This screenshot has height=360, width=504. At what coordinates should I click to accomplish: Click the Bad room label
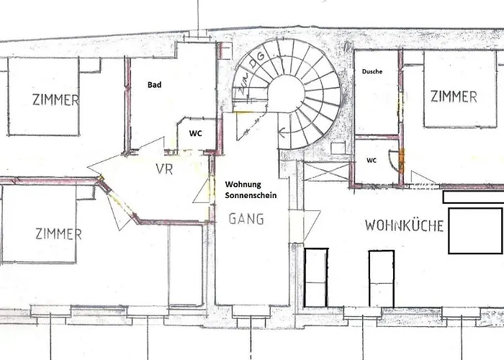[x=154, y=85]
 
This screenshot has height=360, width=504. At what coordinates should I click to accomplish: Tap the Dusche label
[x=372, y=71]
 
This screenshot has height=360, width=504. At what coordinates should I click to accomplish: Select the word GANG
[x=246, y=219]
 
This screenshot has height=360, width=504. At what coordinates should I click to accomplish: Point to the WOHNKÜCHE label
[x=404, y=225]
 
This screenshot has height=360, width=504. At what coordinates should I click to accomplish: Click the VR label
[x=164, y=169]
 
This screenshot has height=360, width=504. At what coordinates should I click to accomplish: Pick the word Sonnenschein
[x=251, y=195]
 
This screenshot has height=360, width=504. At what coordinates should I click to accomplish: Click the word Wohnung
[x=243, y=184]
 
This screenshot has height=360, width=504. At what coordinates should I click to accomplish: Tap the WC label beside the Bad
[x=195, y=133]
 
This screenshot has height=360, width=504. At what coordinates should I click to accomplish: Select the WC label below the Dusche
[x=372, y=160]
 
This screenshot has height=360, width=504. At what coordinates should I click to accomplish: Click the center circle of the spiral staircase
[x=287, y=93]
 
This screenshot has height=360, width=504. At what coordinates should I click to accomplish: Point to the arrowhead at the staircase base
[x=283, y=131]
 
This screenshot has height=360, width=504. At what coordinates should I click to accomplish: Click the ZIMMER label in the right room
[x=454, y=96]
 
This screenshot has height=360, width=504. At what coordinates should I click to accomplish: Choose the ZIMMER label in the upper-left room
[x=55, y=99]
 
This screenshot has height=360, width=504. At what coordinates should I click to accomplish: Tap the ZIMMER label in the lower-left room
[x=58, y=234]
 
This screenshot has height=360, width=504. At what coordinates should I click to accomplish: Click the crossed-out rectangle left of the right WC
[x=326, y=172]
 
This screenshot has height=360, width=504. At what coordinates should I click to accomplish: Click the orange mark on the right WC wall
[x=402, y=160]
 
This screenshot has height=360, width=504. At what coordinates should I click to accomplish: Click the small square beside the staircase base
[x=338, y=148]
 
